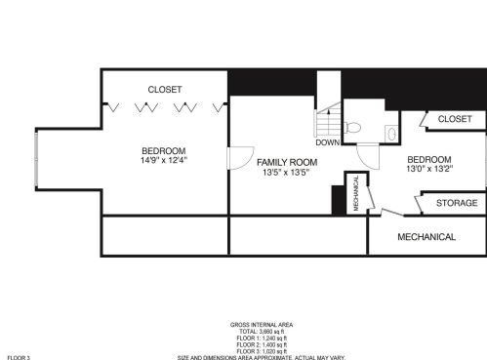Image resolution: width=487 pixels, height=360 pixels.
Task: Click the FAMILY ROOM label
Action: pyautogui.click(x=288, y=161)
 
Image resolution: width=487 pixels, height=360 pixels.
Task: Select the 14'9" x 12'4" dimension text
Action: pyautogui.click(x=163, y=161)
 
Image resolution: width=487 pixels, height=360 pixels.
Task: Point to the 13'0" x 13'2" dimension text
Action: pyautogui.click(x=428, y=170)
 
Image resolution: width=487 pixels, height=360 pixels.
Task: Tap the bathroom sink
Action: pyautogui.click(x=391, y=132)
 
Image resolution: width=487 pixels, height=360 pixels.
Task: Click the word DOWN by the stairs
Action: pyautogui.click(x=327, y=142)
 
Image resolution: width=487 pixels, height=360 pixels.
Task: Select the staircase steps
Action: pyautogui.click(x=328, y=118)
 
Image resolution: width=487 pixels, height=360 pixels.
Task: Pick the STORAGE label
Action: pyautogui.click(x=456, y=203)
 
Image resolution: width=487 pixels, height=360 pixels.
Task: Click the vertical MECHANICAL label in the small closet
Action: pyautogui.click(x=356, y=192)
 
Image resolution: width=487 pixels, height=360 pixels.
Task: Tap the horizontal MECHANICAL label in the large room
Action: pyautogui.click(x=426, y=237)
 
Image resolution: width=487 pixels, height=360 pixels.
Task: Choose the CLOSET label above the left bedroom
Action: pyautogui.click(x=164, y=90)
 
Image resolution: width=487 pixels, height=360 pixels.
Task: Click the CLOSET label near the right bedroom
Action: pyautogui.click(x=454, y=119)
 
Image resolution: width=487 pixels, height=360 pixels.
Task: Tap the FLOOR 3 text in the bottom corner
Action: pyautogui.click(x=19, y=357)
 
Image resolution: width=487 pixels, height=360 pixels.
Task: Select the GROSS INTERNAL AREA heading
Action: pyautogui.click(x=261, y=324)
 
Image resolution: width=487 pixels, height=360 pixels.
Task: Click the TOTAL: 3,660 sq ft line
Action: pyautogui.click(x=261, y=332)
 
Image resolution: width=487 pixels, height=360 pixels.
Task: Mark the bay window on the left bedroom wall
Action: pyautogui.click(x=37, y=159)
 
